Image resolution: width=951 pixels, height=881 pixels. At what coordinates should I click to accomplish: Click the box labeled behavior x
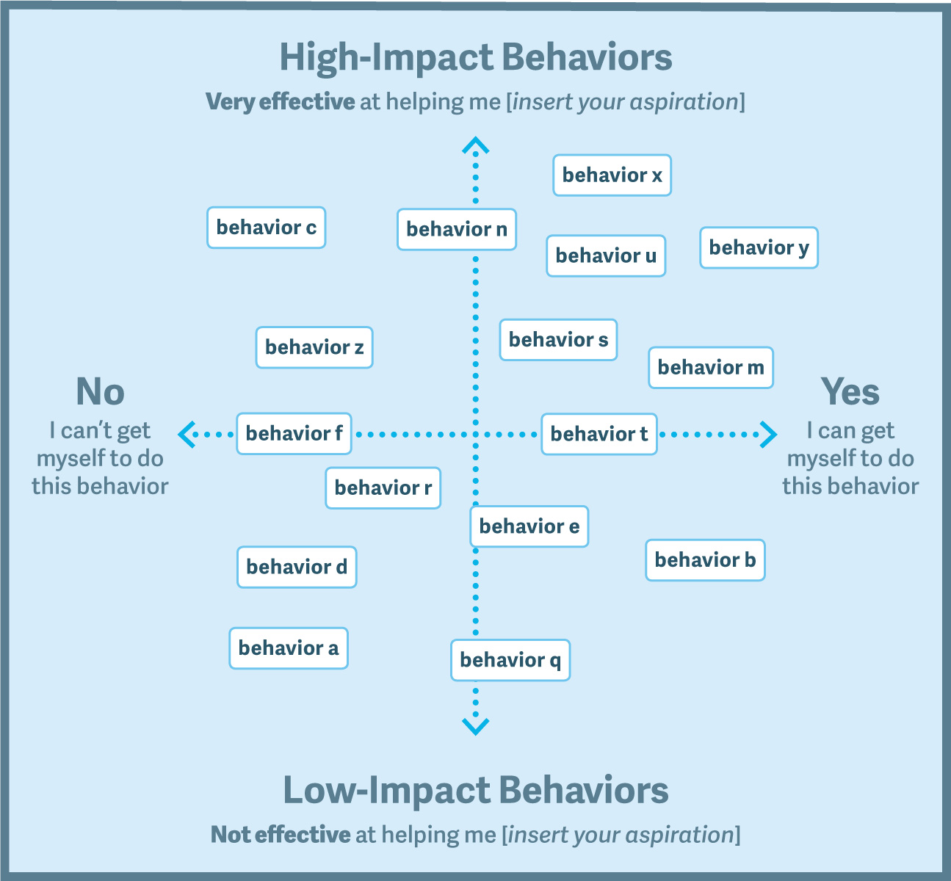(x=612, y=175)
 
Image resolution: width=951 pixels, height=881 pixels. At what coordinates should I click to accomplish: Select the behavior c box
(x=267, y=228)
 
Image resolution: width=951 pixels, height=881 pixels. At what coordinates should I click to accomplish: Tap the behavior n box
(x=457, y=229)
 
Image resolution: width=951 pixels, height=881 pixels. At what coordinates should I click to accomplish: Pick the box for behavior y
(x=759, y=247)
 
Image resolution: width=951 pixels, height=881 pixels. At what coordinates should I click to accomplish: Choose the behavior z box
(x=314, y=347)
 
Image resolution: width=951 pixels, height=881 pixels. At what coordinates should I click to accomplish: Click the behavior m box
(x=711, y=368)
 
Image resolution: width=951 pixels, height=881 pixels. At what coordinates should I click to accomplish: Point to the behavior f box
(x=294, y=434)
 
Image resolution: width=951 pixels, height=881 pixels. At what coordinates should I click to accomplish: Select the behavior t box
(x=599, y=435)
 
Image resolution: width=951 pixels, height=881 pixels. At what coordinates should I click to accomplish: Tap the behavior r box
(x=383, y=488)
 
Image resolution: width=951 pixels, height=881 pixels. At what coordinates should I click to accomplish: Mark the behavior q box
(x=510, y=660)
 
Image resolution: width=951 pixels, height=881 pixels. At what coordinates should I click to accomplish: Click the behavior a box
(x=289, y=648)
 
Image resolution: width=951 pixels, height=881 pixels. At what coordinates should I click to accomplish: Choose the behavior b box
(x=705, y=560)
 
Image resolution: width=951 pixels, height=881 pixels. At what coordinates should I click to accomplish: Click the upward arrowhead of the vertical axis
(x=476, y=145)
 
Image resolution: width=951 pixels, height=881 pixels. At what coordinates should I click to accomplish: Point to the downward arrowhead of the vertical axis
(x=476, y=726)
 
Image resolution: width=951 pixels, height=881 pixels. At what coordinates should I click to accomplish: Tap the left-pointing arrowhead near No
(x=187, y=435)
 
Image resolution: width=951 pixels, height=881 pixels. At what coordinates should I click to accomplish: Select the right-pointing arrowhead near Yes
(x=769, y=435)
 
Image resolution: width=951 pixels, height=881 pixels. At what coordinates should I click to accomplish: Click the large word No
(x=101, y=391)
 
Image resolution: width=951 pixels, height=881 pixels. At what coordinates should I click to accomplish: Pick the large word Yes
(x=850, y=391)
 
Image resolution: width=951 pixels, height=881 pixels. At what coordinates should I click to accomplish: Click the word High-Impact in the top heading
(x=386, y=57)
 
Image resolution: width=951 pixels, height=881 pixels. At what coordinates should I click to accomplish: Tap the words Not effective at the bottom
(x=281, y=835)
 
